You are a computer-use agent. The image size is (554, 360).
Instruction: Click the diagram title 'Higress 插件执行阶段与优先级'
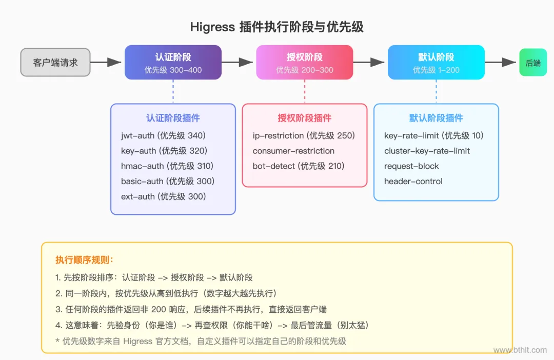point(277,27)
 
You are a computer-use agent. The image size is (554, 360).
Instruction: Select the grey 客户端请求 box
point(55,62)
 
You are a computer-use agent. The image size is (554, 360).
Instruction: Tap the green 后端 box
point(533,63)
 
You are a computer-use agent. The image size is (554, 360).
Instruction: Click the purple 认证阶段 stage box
point(173,63)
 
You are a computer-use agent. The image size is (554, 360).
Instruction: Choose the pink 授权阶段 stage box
point(305,63)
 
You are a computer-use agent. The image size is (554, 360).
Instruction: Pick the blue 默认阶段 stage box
point(436,63)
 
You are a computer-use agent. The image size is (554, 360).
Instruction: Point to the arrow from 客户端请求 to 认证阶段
point(107,63)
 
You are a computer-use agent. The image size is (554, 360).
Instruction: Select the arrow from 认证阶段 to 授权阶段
point(239,63)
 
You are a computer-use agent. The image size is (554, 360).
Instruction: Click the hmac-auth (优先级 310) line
point(167,166)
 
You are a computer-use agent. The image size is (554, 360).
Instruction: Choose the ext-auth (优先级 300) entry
point(163,196)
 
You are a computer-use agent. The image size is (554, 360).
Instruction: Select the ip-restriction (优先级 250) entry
point(304,136)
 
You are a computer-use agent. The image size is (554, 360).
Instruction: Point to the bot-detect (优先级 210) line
point(299,166)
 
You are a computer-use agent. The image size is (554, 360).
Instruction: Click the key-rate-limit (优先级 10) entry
point(434,136)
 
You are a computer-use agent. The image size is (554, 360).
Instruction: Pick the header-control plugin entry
point(413,182)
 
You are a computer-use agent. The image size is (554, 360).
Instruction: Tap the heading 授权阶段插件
point(305,118)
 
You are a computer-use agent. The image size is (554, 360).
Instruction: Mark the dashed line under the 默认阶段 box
point(436,91)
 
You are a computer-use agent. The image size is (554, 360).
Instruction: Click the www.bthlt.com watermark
point(520,350)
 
